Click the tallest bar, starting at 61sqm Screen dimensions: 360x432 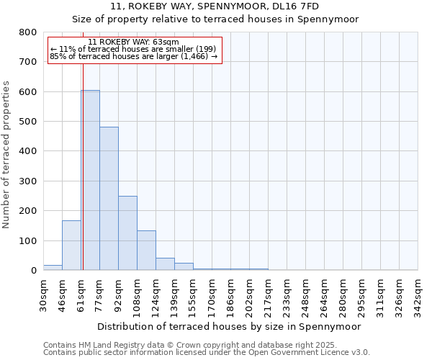click(90, 180)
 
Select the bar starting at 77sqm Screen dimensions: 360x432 click(109, 199)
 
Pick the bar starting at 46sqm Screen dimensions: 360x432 click(71, 246)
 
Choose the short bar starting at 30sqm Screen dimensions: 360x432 click(53, 268)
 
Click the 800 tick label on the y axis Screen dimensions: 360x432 click(27, 32)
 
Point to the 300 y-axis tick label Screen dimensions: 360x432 click(27, 181)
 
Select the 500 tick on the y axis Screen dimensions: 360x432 click(27, 122)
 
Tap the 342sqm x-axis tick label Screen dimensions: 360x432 click(418, 294)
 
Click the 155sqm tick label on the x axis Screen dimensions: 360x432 click(193, 294)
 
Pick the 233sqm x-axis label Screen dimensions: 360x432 click(287, 294)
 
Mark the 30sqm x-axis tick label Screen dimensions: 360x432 click(43, 294)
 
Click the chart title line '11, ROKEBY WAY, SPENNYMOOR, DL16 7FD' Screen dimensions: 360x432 click(215, 6)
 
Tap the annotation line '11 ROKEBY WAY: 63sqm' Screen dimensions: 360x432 click(134, 42)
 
